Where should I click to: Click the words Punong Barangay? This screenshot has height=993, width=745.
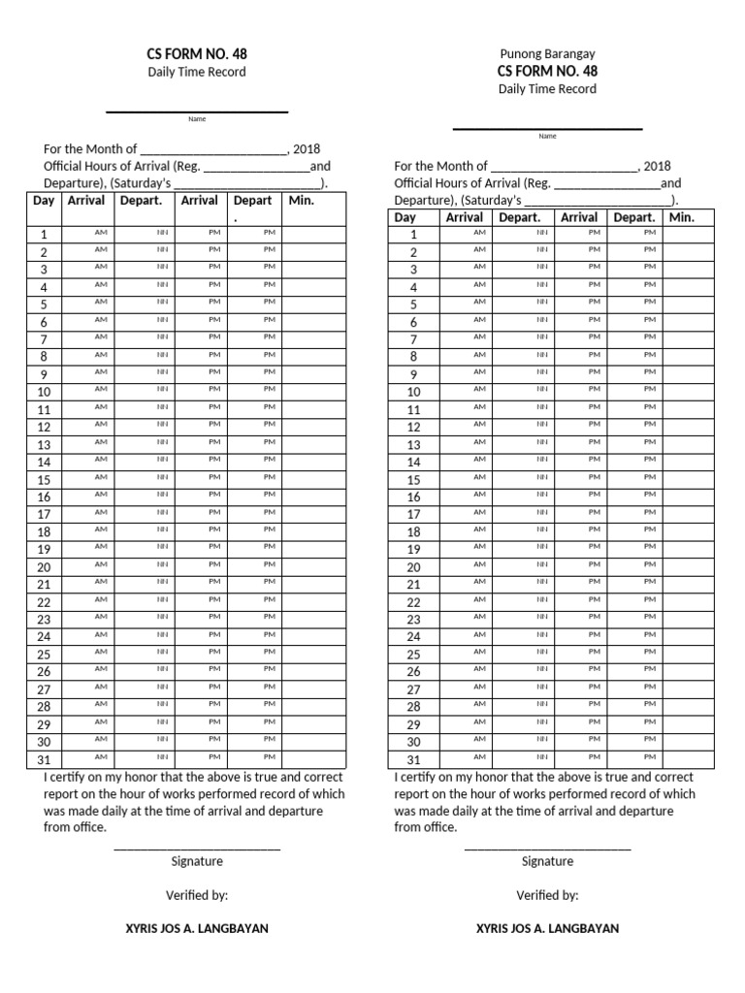[x=547, y=53]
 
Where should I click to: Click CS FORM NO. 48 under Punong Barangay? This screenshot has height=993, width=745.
[x=547, y=71]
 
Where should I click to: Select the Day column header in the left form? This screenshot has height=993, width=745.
[x=44, y=201]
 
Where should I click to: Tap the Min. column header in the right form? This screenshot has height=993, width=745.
[x=682, y=217]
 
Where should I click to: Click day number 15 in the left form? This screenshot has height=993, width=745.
[x=44, y=480]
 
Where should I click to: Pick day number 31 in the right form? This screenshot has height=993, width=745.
[x=413, y=760]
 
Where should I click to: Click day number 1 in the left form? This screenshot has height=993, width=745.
[x=44, y=235]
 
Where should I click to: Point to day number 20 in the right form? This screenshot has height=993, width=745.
[x=413, y=567]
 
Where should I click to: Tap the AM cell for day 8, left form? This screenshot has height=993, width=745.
[x=101, y=355]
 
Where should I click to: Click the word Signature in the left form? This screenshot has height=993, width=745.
[x=197, y=861]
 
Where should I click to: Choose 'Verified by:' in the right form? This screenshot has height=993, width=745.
[x=547, y=895]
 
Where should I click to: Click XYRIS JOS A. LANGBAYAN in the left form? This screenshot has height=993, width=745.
[x=197, y=928]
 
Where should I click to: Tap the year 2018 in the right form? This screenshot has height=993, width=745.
[x=657, y=166]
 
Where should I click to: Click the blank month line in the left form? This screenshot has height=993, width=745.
[x=213, y=149]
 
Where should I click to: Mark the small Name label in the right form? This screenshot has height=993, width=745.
[x=547, y=136]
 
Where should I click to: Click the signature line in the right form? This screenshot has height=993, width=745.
[x=547, y=849]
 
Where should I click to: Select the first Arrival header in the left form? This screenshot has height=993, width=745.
[x=85, y=201]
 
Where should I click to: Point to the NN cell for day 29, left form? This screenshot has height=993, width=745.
[x=163, y=722]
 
